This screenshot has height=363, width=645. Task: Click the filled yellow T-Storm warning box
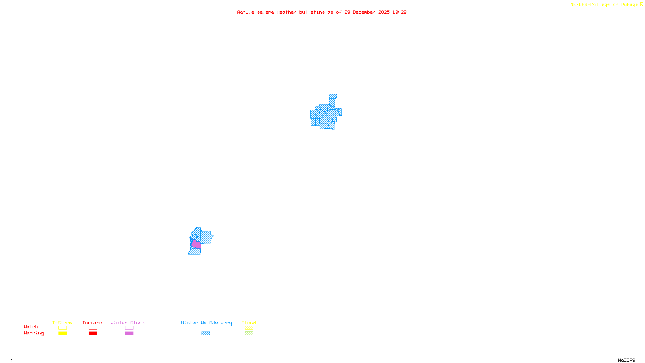(62, 334)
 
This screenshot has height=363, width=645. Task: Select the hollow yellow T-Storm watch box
(62, 328)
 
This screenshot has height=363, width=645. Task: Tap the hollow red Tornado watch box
(93, 328)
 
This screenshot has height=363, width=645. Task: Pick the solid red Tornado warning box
(93, 334)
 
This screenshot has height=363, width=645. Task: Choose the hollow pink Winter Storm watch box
(129, 328)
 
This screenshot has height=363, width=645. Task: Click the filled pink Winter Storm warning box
(129, 334)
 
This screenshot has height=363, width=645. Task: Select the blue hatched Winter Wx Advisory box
(206, 334)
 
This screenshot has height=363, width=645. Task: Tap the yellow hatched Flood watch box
(249, 328)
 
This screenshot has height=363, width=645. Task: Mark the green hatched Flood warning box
(249, 334)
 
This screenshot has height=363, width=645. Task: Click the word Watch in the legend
(31, 327)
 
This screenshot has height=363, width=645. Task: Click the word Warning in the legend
(33, 333)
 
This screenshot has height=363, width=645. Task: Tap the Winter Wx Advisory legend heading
(206, 323)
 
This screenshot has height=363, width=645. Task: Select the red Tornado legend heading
(92, 323)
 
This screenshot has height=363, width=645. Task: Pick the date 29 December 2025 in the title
(367, 13)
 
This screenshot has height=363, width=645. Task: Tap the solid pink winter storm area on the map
(196, 244)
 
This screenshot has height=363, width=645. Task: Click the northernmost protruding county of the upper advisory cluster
(333, 97)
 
